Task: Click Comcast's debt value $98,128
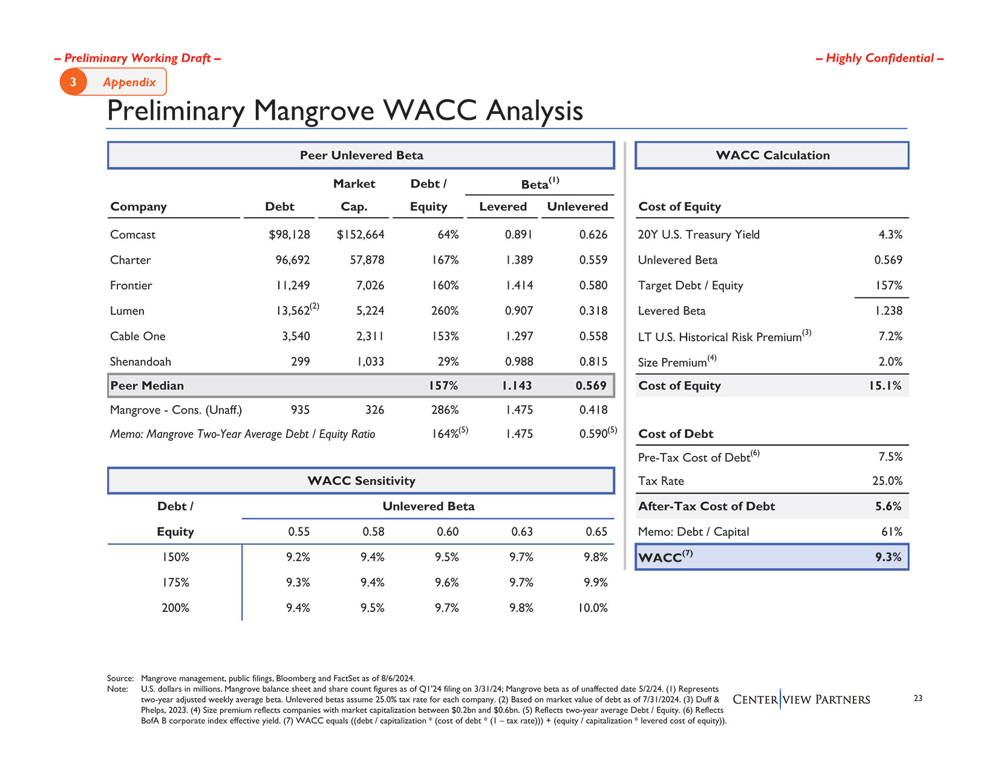coord(289,235)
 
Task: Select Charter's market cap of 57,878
coord(367,260)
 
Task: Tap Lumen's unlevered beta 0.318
coord(593,311)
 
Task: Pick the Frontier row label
coord(131,285)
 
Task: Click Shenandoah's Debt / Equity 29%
coord(448,362)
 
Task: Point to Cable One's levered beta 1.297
coord(518,336)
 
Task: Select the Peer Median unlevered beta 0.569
coord(590,386)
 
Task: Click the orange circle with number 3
coord(73,82)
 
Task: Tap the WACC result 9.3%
coord(888,557)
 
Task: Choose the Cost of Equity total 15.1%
coord(885,386)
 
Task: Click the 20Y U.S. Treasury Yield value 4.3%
coord(890,235)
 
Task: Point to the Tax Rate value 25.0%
coord(887,481)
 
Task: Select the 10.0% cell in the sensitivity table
coord(592,608)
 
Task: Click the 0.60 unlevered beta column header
coord(448,532)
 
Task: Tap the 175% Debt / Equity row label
coord(175,582)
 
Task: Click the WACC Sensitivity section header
coord(361,481)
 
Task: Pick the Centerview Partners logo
coord(801,700)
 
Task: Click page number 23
coord(918,698)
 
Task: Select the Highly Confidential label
coord(879,58)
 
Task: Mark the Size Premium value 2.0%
coord(890,362)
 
